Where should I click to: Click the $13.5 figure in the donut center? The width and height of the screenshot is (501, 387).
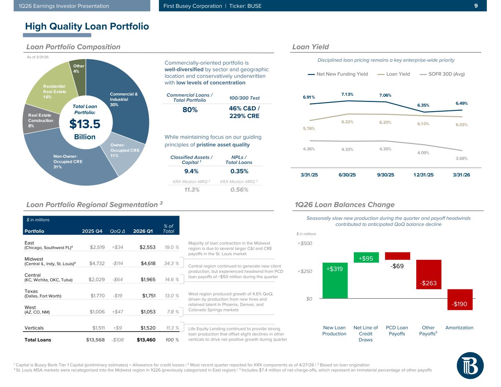pyautogui.click(x=85, y=124)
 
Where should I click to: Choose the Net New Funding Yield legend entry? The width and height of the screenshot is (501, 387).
pyautogui.click(x=338, y=74)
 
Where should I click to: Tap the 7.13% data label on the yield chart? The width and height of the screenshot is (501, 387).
pyautogui.click(x=347, y=94)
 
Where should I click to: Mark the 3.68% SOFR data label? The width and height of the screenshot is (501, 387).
pyautogui.click(x=461, y=158)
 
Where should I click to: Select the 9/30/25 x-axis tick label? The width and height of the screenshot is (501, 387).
pyautogui.click(x=385, y=175)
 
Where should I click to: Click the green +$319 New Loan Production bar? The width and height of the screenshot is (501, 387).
pyautogui.click(x=335, y=281)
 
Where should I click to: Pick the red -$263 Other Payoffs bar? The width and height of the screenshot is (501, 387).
pyautogui.click(x=428, y=274)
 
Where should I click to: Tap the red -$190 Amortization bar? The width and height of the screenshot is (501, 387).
pyautogui.click(x=460, y=300)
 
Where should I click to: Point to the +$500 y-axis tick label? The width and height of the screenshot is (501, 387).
pyautogui.click(x=305, y=244)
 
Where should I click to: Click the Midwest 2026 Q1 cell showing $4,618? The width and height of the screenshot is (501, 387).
pyautogui.click(x=148, y=263)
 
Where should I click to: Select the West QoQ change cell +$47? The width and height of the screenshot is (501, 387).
pyautogui.click(x=117, y=312)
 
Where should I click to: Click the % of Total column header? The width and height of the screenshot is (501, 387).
pyautogui.click(x=168, y=229)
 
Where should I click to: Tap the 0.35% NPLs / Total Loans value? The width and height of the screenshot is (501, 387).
pyautogui.click(x=239, y=171)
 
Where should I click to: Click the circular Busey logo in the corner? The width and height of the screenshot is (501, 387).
pyautogui.click(x=470, y=365)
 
